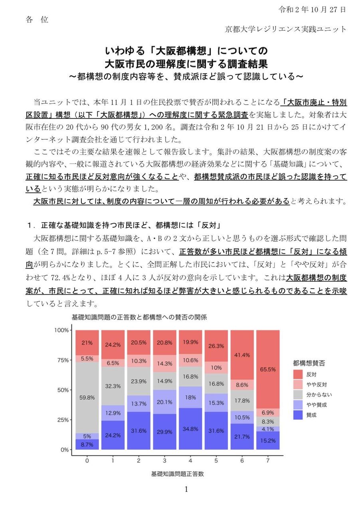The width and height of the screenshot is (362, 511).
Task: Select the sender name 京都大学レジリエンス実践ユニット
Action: pyautogui.click(x=286, y=29)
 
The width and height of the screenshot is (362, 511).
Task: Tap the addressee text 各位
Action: pyautogui.click(x=37, y=20)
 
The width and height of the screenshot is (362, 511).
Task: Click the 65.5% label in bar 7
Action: pyautogui.click(x=267, y=369)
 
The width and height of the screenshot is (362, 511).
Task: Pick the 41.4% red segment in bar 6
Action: pyautogui.click(x=242, y=355)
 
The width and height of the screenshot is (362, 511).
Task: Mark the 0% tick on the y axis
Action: pyautogui.click(x=63, y=450)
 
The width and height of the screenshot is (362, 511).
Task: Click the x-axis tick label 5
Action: pyautogui.click(x=216, y=460)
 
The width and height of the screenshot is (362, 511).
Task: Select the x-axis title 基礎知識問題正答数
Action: pyautogui.click(x=178, y=474)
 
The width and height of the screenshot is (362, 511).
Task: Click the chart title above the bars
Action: pyautogui.click(x=139, y=318)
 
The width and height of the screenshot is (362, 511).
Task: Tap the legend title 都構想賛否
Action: pyautogui.click(x=309, y=363)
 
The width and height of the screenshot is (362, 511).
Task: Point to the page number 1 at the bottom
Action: pyautogui.click(x=186, y=489)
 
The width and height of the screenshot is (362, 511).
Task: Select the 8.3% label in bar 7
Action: pyautogui.click(x=267, y=421)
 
